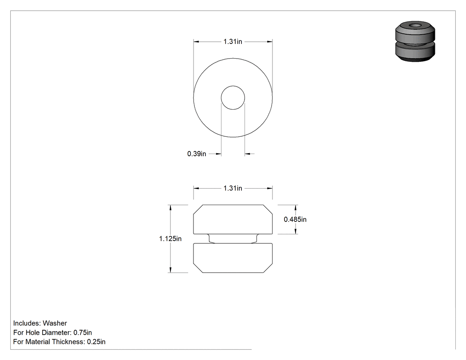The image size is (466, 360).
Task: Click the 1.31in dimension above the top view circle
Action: (x=233, y=42)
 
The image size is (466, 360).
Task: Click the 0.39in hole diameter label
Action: (x=197, y=154)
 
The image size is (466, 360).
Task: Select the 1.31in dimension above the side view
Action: (x=233, y=188)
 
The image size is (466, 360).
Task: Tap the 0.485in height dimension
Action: (x=295, y=219)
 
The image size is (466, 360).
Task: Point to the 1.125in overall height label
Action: (x=170, y=239)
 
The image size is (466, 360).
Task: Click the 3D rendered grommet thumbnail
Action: (x=415, y=42)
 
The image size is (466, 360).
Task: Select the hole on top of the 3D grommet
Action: (x=415, y=26)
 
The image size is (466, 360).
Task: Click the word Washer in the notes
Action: (x=55, y=323)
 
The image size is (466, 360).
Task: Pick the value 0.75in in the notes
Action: (x=83, y=332)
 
